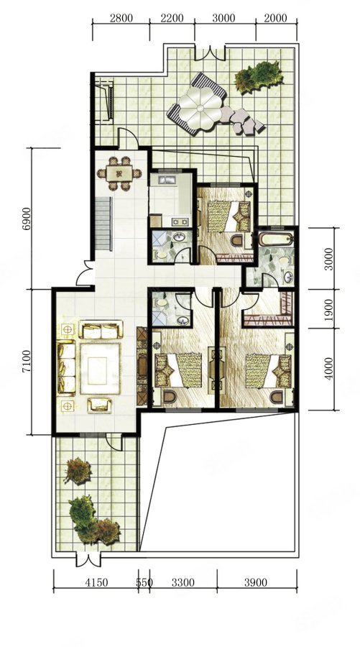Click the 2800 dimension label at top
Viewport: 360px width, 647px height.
121,18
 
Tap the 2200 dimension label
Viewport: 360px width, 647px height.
171,18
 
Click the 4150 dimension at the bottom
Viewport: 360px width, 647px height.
96,582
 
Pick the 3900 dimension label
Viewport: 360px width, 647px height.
256,582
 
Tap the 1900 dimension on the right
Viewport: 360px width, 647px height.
328,308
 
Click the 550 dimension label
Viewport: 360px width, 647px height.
144,582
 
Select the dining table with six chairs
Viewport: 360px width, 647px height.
119,173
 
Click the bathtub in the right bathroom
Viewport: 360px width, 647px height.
276,239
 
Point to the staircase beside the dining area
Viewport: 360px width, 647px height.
103,224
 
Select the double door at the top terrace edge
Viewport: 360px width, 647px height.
210,54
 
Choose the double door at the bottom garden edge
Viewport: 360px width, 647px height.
88,559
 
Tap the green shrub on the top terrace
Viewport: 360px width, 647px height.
259,77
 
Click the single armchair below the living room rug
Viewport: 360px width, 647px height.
99,405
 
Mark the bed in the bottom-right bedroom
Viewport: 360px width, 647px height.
269,371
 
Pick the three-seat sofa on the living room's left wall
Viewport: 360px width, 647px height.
66,367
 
